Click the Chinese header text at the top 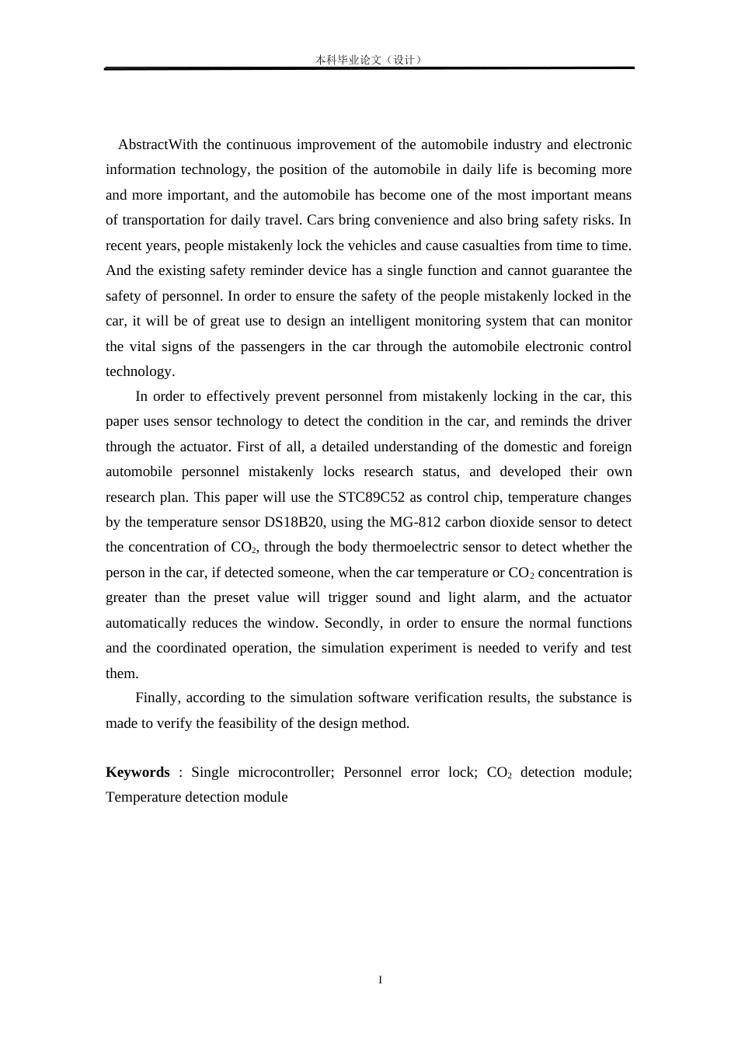pyautogui.click(x=369, y=59)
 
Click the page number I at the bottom pyautogui.click(x=380, y=980)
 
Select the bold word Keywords pyautogui.click(x=138, y=772)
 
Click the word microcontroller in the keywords pyautogui.click(x=286, y=772)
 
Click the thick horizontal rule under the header pyautogui.click(x=369, y=68)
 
